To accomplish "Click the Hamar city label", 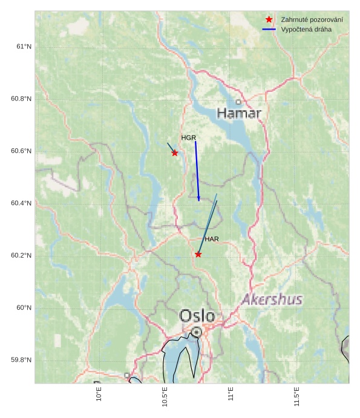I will click(239, 113).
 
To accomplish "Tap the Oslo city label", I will click(197, 316).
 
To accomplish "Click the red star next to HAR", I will click(198, 255).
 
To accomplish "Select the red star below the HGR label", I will click(175, 153).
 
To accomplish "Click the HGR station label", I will click(189, 138).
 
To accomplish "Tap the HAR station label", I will click(212, 240).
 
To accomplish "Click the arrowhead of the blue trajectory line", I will click(198, 199).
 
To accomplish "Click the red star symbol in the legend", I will click(269, 20).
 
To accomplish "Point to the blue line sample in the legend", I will click(269, 29).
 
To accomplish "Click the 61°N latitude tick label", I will click(24, 47).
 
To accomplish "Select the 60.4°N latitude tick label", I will click(21, 203).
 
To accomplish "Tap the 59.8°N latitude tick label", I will click(21, 360).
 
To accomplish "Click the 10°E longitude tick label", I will click(99, 396).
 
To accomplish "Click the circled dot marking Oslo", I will click(197, 331).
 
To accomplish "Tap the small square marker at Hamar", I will click(238, 102).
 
